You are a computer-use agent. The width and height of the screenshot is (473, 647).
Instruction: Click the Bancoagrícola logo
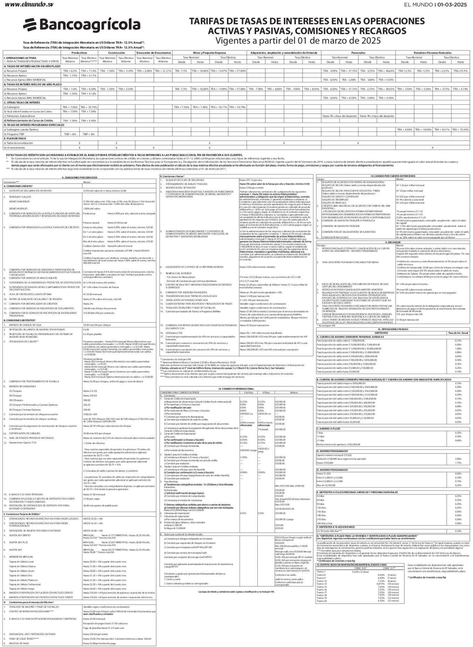[x=82, y=25]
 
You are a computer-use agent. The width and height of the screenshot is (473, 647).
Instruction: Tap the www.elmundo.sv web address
[x=29, y=5]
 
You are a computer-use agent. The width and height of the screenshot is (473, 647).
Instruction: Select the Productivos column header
[x=79, y=53]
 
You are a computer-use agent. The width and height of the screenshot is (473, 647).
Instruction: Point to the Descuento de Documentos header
[x=154, y=53]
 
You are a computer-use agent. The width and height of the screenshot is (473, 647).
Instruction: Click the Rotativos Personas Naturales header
[x=432, y=53]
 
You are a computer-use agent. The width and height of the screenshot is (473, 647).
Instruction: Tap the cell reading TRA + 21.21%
[x=163, y=71]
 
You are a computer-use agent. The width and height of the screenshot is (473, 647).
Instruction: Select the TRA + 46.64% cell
[x=386, y=71]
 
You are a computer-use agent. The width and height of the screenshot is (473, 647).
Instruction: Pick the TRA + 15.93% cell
[x=460, y=130]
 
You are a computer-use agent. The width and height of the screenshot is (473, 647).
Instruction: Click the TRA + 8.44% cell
[x=311, y=89]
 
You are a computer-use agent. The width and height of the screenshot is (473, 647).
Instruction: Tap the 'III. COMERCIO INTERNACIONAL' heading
[x=236, y=389]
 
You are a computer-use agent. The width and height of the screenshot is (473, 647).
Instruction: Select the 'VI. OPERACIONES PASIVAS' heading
[x=393, y=329]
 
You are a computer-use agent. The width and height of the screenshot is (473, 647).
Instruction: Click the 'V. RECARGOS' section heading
[x=393, y=242]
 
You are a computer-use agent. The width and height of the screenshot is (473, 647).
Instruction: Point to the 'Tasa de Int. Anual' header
[x=458, y=333]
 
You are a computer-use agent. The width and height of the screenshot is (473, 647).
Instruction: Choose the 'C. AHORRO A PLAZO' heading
[x=329, y=429]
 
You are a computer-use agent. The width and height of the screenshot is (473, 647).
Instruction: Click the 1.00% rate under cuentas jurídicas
[x=458, y=348]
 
